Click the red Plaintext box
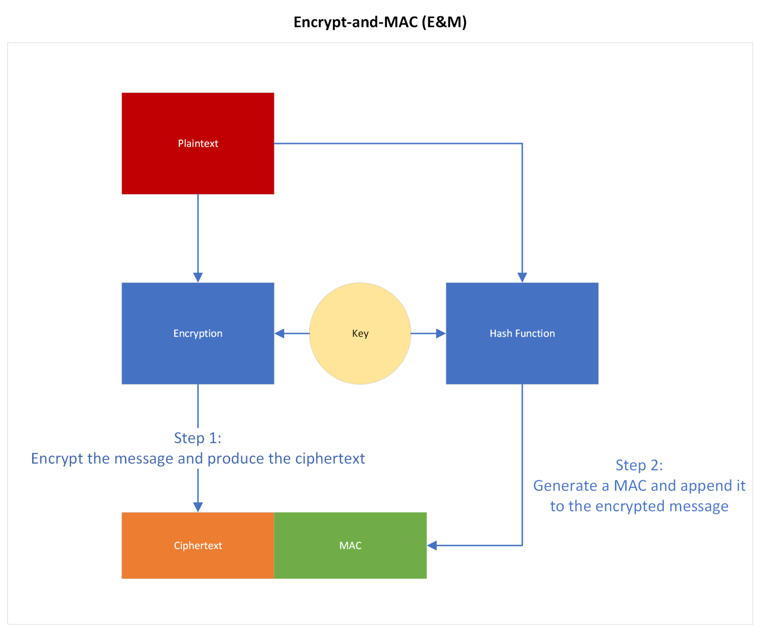[x=198, y=143]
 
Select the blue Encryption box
[x=198, y=333]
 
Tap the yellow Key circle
[x=360, y=333]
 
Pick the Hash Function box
[x=522, y=333]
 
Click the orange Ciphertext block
[x=198, y=545]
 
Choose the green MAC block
[x=350, y=545]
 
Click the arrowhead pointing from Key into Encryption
[x=280, y=333]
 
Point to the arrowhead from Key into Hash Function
[x=441, y=333]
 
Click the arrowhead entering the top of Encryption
[x=198, y=277]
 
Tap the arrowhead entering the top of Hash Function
[x=522, y=277]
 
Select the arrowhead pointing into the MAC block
[x=432, y=545]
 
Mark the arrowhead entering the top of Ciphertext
[x=198, y=507]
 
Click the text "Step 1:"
[x=198, y=438]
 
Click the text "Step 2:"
[x=639, y=465]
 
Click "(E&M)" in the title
[x=444, y=22]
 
